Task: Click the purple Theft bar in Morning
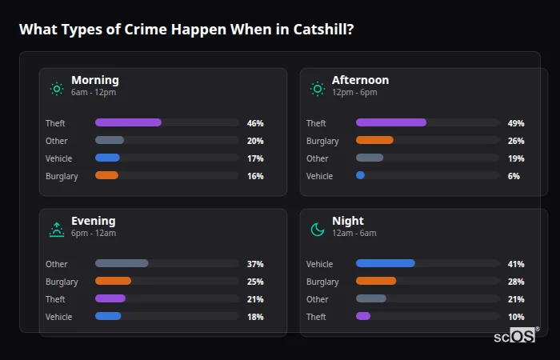click(128, 122)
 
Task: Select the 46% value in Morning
click(255, 123)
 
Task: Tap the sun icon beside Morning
click(56, 89)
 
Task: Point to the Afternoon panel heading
click(360, 80)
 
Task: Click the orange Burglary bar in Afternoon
click(374, 140)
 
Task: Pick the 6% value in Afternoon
click(514, 176)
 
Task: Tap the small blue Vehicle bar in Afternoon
click(360, 175)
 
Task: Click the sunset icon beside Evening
click(56, 230)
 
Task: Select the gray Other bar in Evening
click(122, 263)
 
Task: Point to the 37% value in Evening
click(255, 264)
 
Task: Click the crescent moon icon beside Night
click(318, 230)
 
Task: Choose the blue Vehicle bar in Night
click(385, 263)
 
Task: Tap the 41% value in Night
click(516, 264)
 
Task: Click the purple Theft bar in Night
click(363, 316)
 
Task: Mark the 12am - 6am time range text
click(354, 234)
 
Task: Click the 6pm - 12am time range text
click(94, 234)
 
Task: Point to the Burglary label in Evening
click(62, 282)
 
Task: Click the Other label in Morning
click(56, 141)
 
